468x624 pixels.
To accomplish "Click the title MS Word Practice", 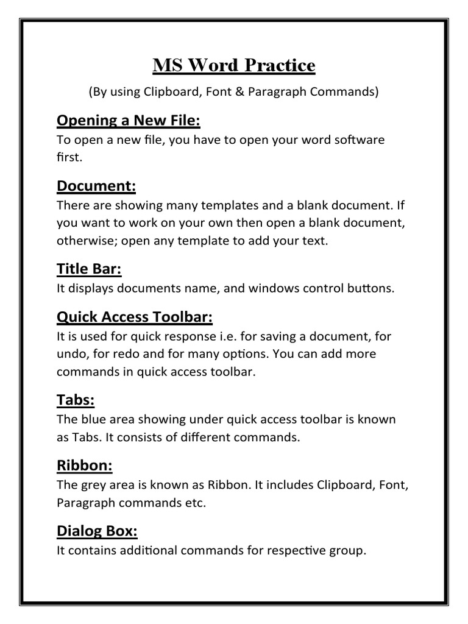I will (234, 66).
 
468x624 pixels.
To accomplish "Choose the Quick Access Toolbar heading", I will (135, 316).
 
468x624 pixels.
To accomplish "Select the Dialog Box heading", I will (97, 531).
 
